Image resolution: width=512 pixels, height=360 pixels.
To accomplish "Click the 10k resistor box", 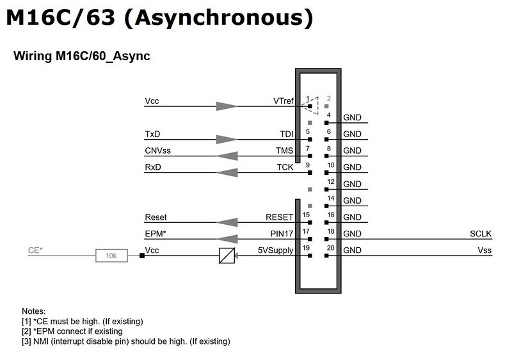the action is click(x=111, y=256).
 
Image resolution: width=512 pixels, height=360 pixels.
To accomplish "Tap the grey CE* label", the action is click(x=35, y=250).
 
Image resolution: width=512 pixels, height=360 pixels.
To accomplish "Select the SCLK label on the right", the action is click(x=481, y=234).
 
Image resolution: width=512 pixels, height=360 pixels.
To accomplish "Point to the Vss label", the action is click(x=484, y=250).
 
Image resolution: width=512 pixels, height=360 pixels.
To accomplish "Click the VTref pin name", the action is click(x=284, y=101).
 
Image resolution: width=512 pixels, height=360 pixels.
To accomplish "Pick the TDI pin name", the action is click(x=287, y=134).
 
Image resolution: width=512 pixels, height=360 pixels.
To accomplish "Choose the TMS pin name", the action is click(x=284, y=151).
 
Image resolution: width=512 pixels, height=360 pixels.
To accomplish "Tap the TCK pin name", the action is click(x=285, y=167).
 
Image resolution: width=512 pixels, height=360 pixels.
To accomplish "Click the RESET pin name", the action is click(x=280, y=217).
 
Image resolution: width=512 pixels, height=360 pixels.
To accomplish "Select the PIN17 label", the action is click(x=282, y=234).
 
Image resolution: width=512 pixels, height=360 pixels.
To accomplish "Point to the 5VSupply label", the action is click(x=276, y=250).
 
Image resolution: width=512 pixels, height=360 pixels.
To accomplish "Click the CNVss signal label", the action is click(x=157, y=151).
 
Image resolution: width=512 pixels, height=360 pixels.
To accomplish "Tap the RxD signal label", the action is click(x=153, y=167).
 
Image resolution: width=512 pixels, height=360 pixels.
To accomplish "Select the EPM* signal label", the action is click(x=156, y=234).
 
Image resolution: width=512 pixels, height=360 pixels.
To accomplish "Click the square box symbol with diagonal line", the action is click(x=227, y=256).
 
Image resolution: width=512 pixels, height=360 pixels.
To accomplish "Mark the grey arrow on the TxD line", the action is click(x=227, y=140).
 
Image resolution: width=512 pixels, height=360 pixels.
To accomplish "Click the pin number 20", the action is click(x=330, y=248).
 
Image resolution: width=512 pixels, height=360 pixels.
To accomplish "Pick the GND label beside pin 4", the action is click(x=352, y=117).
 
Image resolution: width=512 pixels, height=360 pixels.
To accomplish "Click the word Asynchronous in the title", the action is click(x=219, y=18).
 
